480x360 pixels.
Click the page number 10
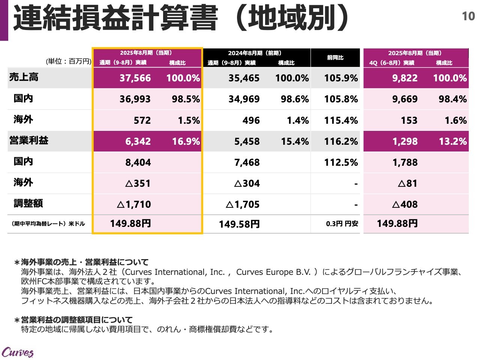(x=468, y=16)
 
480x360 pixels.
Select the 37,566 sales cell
(x=135, y=78)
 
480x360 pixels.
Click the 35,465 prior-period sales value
(x=244, y=78)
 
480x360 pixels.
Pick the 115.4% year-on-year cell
(x=341, y=120)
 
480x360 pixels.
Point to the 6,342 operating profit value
(x=138, y=141)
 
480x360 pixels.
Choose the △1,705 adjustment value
(x=242, y=204)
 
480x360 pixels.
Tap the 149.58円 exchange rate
(x=239, y=224)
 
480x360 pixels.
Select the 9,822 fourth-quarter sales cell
(x=405, y=78)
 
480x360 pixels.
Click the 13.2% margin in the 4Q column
(x=453, y=141)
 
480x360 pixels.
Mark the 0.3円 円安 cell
(x=342, y=224)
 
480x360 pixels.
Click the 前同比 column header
(x=335, y=58)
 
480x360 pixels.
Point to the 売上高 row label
(x=24, y=77)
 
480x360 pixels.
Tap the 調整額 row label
(x=28, y=203)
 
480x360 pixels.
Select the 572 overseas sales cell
(x=142, y=120)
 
